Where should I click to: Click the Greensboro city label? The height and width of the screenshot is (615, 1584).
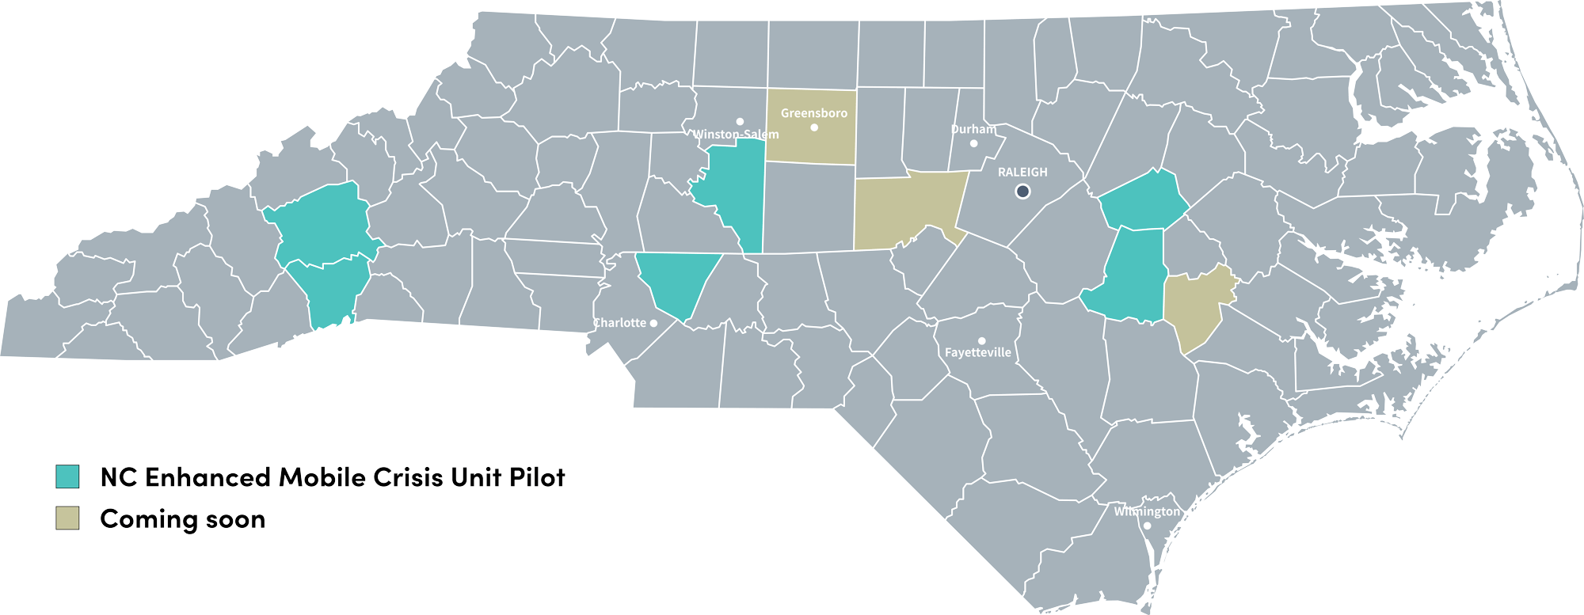(813, 113)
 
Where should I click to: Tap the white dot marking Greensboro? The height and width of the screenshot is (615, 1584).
(814, 127)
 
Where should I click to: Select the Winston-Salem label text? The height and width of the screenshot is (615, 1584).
(736, 135)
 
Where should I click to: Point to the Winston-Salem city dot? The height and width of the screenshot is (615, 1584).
(740, 121)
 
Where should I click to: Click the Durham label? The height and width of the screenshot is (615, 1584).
(973, 129)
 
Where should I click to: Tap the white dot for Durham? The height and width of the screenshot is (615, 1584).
(974, 143)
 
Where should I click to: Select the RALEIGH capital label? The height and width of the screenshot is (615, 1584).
(1022, 172)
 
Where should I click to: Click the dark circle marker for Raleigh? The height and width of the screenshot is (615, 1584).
(1022, 191)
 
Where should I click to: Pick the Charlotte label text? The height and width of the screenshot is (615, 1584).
(620, 323)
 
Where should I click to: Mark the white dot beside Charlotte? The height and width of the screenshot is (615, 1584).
(653, 323)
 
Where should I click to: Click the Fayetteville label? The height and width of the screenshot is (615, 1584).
(978, 353)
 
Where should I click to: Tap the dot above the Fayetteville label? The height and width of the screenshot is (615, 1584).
(981, 340)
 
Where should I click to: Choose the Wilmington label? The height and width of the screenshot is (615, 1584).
(1146, 511)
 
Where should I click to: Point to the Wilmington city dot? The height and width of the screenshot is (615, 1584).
(1147, 526)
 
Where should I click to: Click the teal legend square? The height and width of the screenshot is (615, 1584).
(67, 476)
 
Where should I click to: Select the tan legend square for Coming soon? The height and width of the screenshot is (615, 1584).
(67, 518)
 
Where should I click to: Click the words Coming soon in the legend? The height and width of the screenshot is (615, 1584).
(182, 519)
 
